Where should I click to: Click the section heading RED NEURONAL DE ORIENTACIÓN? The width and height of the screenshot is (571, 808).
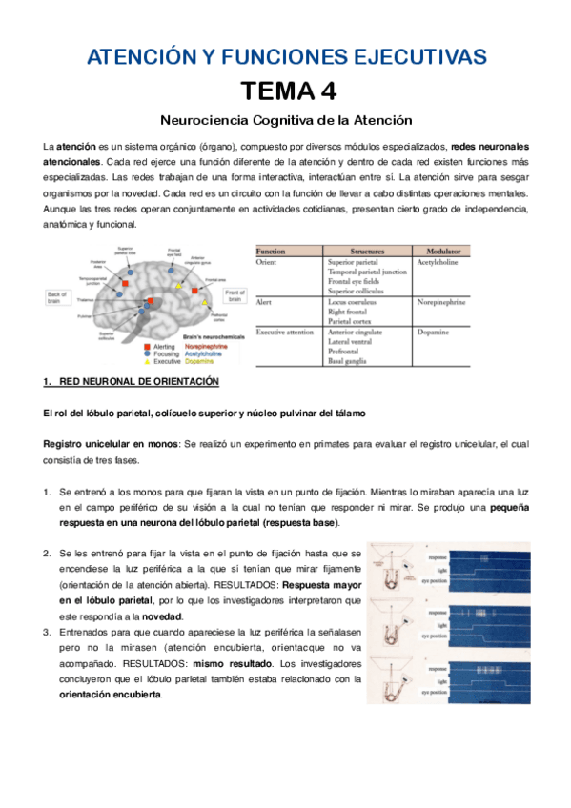tap(139, 382)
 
